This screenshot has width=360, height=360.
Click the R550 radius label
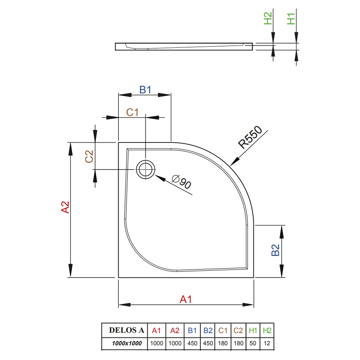click(x=250, y=137)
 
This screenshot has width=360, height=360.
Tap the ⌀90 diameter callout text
click(x=181, y=181)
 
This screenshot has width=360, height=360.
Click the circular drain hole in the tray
click(x=145, y=170)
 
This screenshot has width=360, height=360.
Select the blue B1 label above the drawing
click(x=145, y=90)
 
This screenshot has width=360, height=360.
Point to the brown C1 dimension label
click(x=132, y=112)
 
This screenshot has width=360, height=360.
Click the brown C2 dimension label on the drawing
click(x=89, y=156)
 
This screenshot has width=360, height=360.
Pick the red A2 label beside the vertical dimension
click(x=65, y=207)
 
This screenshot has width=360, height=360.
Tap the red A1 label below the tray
click(x=185, y=300)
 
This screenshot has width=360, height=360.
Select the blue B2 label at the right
click(x=275, y=250)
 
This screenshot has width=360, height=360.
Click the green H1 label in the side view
click(x=291, y=19)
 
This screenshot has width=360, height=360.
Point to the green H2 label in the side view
click(x=268, y=18)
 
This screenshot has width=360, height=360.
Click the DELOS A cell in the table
click(x=126, y=330)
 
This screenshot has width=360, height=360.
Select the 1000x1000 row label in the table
click(x=127, y=343)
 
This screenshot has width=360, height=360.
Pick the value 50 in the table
click(x=253, y=343)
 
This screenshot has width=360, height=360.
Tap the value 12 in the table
click(x=267, y=343)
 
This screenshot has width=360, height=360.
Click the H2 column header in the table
click(x=267, y=330)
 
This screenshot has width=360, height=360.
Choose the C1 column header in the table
click(x=223, y=330)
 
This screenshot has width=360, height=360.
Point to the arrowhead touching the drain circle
click(x=160, y=178)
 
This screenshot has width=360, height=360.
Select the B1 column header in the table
click(x=192, y=330)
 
